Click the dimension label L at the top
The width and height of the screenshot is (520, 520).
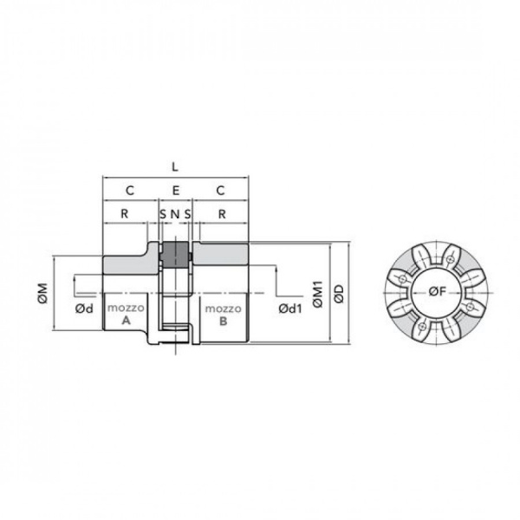pyautogui.click(x=175, y=167)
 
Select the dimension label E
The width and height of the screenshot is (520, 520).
pyautogui.click(x=176, y=191)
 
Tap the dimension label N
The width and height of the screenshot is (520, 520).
pyautogui.click(x=175, y=214)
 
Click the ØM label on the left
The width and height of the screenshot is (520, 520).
pyautogui.click(x=43, y=293)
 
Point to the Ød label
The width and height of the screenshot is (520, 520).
pyautogui.click(x=84, y=309)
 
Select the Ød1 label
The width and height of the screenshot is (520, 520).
pyautogui.click(x=290, y=309)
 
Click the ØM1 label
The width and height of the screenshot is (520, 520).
pyautogui.click(x=318, y=294)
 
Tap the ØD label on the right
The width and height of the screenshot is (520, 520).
pyautogui.click(x=339, y=294)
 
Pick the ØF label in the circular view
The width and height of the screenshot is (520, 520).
pyautogui.click(x=438, y=291)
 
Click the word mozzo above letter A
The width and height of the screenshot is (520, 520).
pyautogui.click(x=126, y=308)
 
